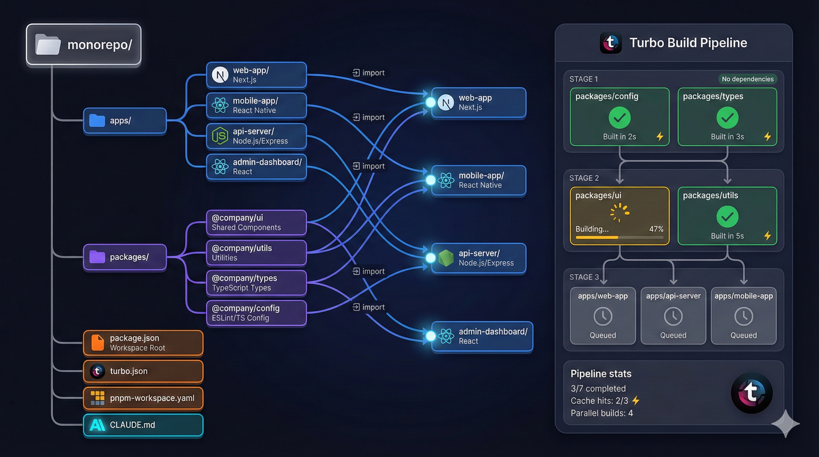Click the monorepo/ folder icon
tap(48, 45)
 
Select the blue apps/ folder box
tap(125, 121)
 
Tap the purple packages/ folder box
tap(125, 257)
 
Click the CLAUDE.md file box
tap(143, 425)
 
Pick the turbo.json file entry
tap(143, 371)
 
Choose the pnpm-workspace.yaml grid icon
tap(97, 398)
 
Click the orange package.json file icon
tap(97, 342)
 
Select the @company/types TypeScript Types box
tap(256, 283)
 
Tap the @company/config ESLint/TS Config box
tap(256, 313)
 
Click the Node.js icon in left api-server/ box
tap(220, 136)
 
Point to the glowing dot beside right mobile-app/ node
tap(431, 180)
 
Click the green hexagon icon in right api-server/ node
tap(446, 258)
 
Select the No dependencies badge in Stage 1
tap(748, 79)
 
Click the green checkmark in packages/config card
tap(620, 118)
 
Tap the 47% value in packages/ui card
tap(656, 229)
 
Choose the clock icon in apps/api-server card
tap(673, 316)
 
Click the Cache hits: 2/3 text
tap(599, 401)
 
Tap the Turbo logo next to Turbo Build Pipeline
tap(610, 43)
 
